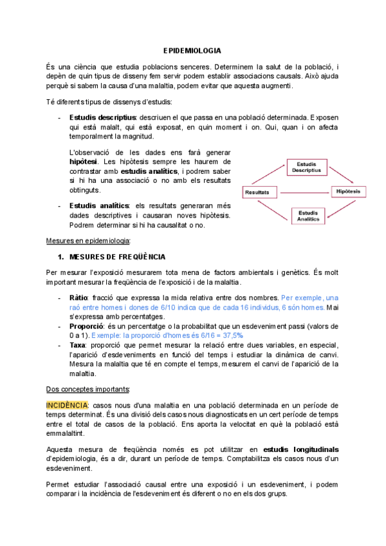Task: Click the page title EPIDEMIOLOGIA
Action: coord(192,50)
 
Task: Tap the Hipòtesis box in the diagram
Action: coord(348,192)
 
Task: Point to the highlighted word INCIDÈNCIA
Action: coord(68,405)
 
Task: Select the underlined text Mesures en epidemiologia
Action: coord(88,241)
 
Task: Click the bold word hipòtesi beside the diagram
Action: coord(84,161)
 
